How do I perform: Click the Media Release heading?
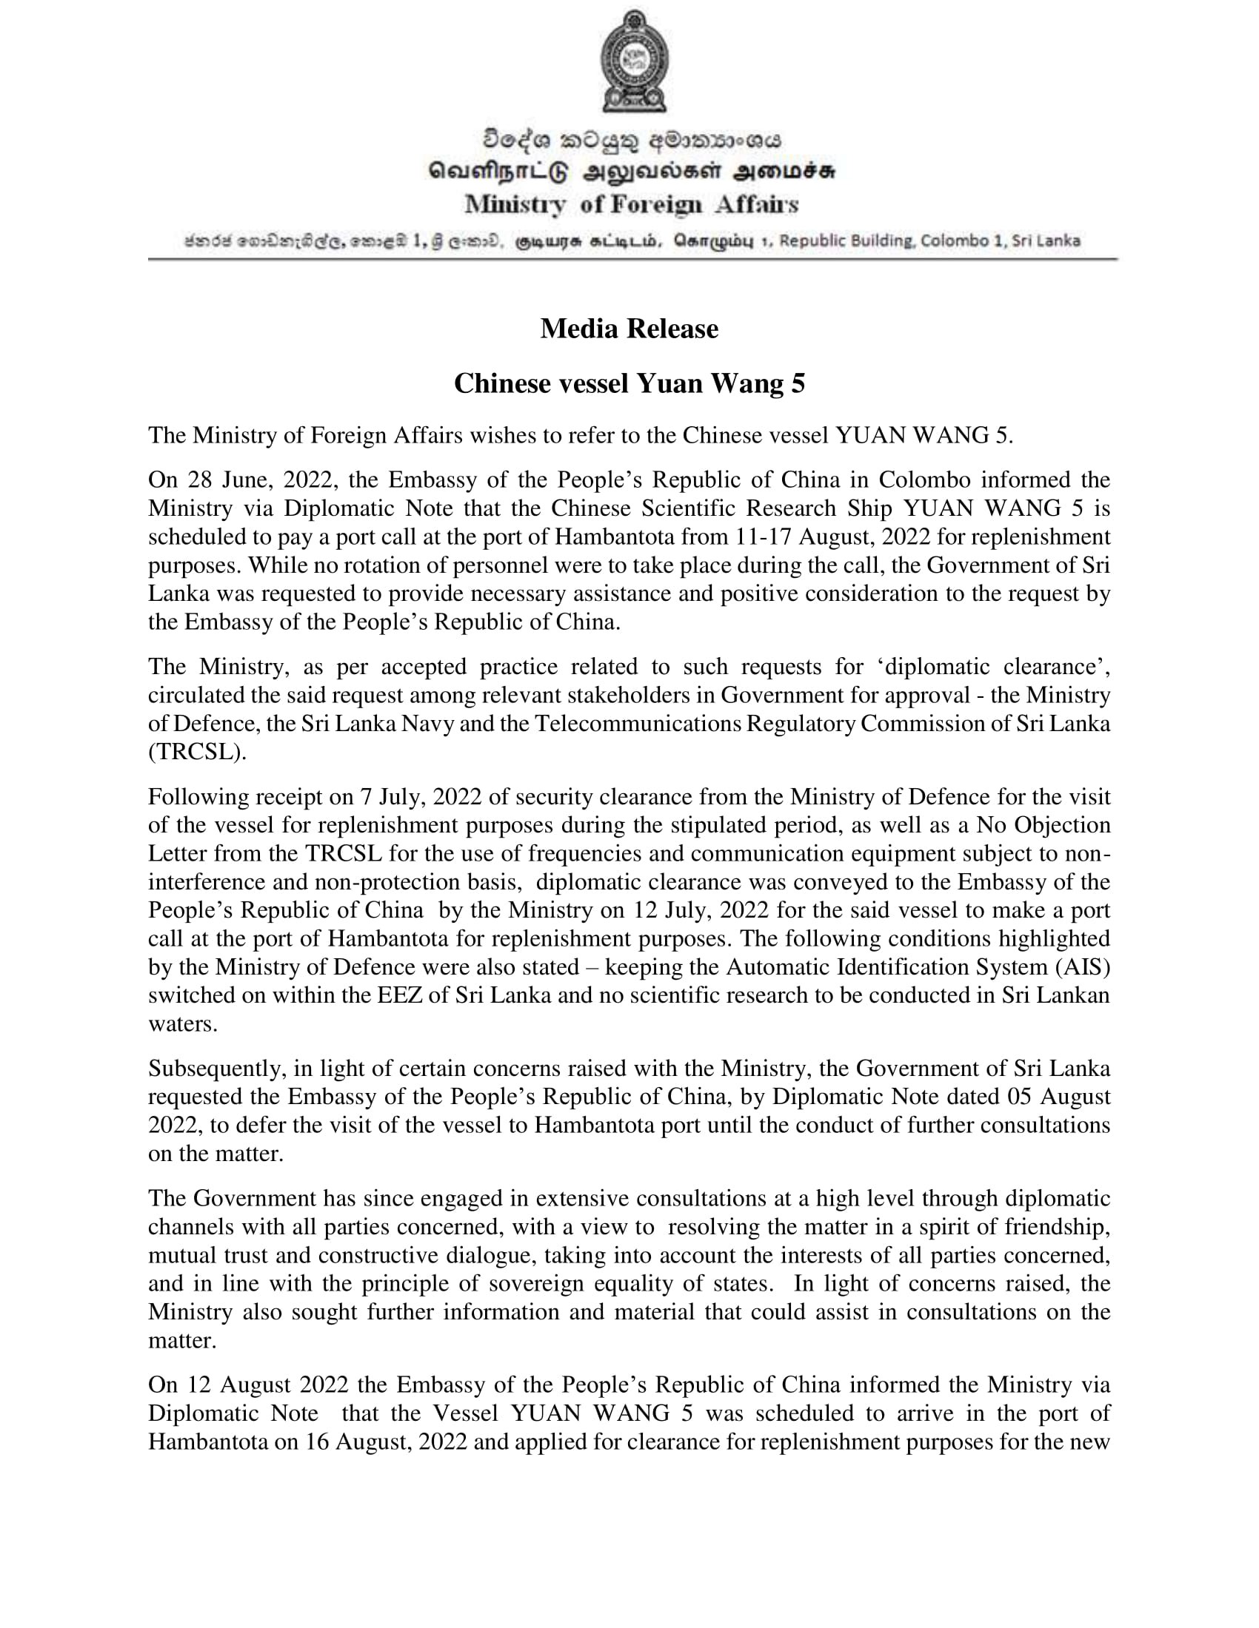pyautogui.click(x=629, y=329)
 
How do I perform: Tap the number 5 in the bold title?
pyautogui.click(x=798, y=383)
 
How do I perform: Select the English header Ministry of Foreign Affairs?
pyautogui.click(x=631, y=204)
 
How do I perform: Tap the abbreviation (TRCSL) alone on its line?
pyautogui.click(x=196, y=752)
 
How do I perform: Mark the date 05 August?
pyautogui.click(x=1058, y=1097)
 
